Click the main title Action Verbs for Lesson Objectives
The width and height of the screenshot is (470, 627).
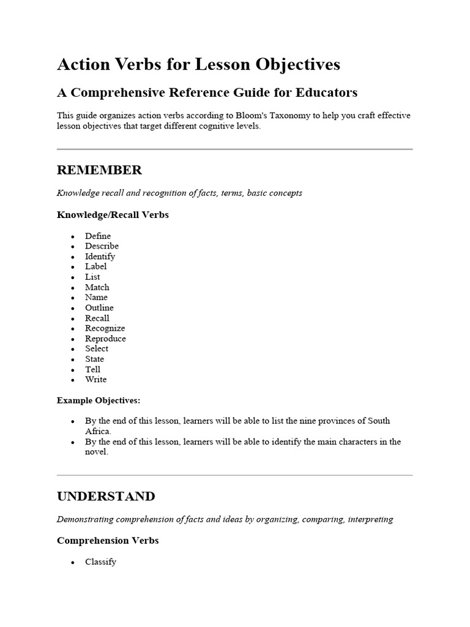198,65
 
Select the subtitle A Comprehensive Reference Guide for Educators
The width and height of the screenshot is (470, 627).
207,92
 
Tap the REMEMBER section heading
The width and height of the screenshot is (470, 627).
99,170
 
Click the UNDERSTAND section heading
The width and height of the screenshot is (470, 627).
106,496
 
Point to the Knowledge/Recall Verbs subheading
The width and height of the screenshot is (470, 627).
113,215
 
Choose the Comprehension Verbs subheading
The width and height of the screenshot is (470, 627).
108,541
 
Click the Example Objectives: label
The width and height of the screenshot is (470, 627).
99,400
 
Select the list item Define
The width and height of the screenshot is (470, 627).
98,236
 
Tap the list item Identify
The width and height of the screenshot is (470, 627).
100,257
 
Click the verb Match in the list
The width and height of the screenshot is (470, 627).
97,287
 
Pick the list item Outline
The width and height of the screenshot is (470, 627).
99,307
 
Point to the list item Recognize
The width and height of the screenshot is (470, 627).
105,328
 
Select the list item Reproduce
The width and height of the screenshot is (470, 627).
105,339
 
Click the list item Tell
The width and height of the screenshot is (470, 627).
92,369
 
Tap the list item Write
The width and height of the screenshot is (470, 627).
95,380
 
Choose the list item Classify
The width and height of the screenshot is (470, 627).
100,561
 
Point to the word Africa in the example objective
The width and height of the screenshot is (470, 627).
98,431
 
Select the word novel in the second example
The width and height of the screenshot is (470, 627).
96,452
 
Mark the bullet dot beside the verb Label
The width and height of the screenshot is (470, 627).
73,267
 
